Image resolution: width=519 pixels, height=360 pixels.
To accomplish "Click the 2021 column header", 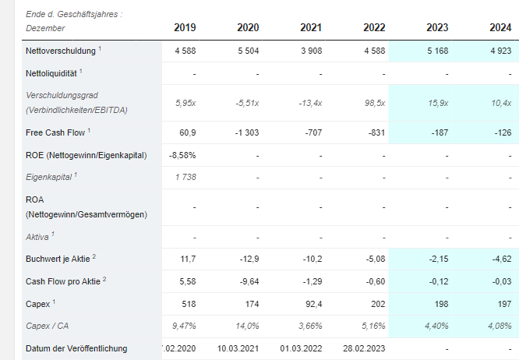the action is pyautogui.click(x=311, y=27).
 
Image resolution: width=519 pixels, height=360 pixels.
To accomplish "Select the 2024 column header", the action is pyautogui.click(x=500, y=27).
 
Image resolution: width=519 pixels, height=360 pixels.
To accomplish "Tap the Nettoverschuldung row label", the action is pyautogui.click(x=61, y=51).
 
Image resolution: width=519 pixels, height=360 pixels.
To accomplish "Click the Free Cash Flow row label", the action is pyautogui.click(x=55, y=132).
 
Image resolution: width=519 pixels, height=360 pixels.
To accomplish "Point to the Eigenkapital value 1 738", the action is pyautogui.click(x=185, y=178).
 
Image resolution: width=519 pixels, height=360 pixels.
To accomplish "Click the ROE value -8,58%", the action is pyautogui.click(x=182, y=155).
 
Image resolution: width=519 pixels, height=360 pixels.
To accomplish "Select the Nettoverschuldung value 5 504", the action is pyautogui.click(x=249, y=51).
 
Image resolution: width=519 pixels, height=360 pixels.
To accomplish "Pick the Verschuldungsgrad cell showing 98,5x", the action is pyautogui.click(x=375, y=103).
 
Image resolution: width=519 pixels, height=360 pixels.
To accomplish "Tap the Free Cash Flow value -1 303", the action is pyautogui.click(x=247, y=132).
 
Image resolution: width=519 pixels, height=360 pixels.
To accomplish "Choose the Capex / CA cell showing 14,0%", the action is pyautogui.click(x=247, y=326).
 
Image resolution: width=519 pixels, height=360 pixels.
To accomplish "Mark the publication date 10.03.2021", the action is pyautogui.click(x=238, y=349).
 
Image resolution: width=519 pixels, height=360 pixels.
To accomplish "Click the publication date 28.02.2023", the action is pyautogui.click(x=364, y=349).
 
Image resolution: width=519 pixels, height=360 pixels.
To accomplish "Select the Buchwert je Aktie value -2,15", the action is pyautogui.click(x=438, y=259).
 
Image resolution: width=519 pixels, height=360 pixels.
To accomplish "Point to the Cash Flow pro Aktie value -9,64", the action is pyautogui.click(x=249, y=281).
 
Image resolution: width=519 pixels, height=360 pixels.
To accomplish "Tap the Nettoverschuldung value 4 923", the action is pyautogui.click(x=501, y=51).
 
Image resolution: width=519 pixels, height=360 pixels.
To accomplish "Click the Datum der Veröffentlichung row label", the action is pyautogui.click(x=76, y=349).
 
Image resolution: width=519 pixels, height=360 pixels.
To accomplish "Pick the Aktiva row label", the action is pyautogui.click(x=37, y=237).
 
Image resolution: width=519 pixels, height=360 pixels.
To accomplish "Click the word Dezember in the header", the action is pyautogui.click(x=45, y=29).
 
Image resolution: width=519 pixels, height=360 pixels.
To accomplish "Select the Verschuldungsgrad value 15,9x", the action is pyautogui.click(x=438, y=103).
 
